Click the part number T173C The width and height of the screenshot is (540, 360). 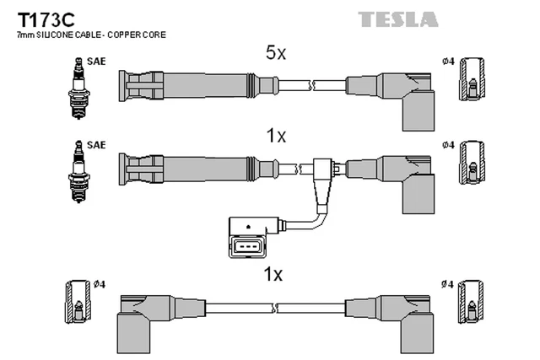click(43, 19)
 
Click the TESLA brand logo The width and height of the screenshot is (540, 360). click(397, 19)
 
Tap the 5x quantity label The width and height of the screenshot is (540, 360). click(276, 53)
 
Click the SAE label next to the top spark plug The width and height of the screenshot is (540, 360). click(96, 62)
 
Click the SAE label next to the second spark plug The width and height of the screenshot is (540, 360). click(96, 144)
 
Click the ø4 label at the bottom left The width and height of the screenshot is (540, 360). click(98, 282)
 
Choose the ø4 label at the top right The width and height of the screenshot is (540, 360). click(448, 62)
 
